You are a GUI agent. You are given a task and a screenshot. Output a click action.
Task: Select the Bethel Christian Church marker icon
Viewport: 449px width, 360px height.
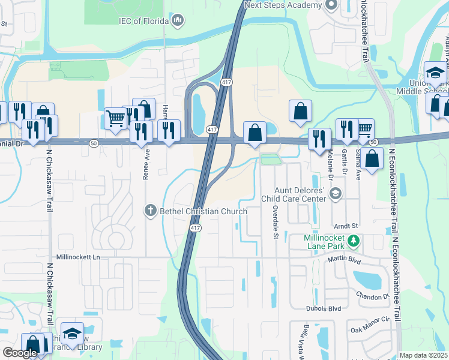pos(150,211)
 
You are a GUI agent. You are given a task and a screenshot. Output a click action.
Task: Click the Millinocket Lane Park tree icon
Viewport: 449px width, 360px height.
pos(354,241)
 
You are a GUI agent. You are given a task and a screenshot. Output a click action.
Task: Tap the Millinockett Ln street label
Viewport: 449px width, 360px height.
pos(77,257)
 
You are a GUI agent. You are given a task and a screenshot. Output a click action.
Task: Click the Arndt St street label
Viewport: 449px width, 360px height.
pos(346,226)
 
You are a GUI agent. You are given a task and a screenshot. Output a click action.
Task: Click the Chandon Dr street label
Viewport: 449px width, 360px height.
pos(373,297)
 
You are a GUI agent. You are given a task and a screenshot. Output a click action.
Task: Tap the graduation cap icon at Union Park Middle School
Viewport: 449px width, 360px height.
pos(435,73)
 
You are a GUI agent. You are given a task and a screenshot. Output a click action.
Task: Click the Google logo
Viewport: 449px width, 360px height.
pos(20,353)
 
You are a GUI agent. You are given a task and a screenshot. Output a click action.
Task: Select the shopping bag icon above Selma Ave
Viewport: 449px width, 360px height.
pos(372,158)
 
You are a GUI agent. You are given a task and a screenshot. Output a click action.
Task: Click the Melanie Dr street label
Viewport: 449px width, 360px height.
pos(330,166)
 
